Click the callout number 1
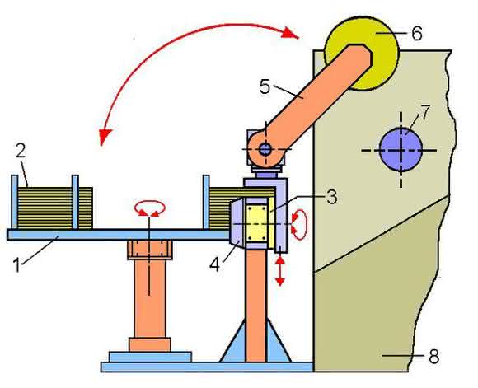(x=17, y=264)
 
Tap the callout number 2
(x=21, y=151)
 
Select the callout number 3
(x=331, y=197)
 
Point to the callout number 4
(x=214, y=264)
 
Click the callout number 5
(x=265, y=86)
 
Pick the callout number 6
(x=417, y=33)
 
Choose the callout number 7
(x=424, y=111)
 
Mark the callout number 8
(x=434, y=356)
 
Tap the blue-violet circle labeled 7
(x=401, y=149)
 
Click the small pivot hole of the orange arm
(x=265, y=149)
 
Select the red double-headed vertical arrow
(x=280, y=271)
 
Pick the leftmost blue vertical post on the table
(x=14, y=202)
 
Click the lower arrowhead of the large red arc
(x=105, y=137)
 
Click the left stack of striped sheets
(x=55, y=208)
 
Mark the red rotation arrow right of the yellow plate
(x=300, y=224)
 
